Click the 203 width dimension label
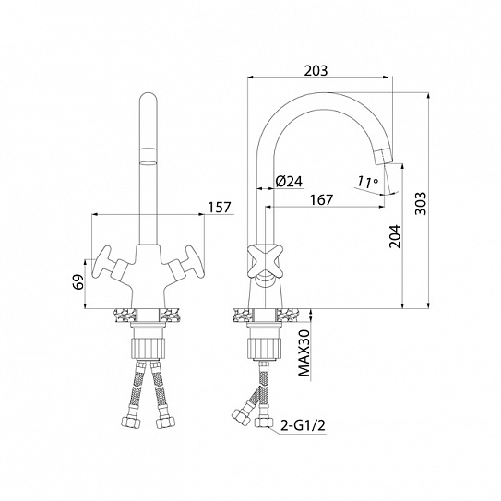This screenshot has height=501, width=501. (x=316, y=71)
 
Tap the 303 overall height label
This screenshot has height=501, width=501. (x=421, y=203)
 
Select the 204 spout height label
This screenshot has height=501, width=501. (x=395, y=236)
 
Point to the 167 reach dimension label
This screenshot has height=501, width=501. (x=321, y=199)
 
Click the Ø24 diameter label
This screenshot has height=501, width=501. (x=289, y=182)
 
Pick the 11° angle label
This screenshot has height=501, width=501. (x=367, y=182)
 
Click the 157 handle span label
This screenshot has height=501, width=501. (x=220, y=208)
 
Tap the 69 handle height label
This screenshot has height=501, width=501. (x=78, y=281)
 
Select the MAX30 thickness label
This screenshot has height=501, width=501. (x=304, y=353)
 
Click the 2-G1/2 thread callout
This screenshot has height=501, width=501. (x=303, y=425)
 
